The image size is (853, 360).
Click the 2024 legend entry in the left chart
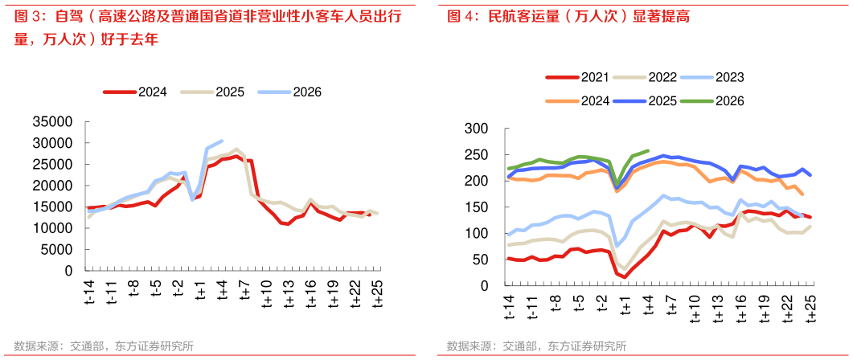tap(152, 92)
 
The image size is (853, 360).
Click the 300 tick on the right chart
tap(478, 129)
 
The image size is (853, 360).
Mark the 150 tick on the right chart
tap(478, 207)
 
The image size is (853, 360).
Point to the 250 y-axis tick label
tap(478, 155)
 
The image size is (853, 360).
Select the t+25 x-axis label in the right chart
tap(810, 305)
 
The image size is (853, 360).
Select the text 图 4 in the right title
tap(457, 16)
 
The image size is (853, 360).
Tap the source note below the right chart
tap(536, 346)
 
